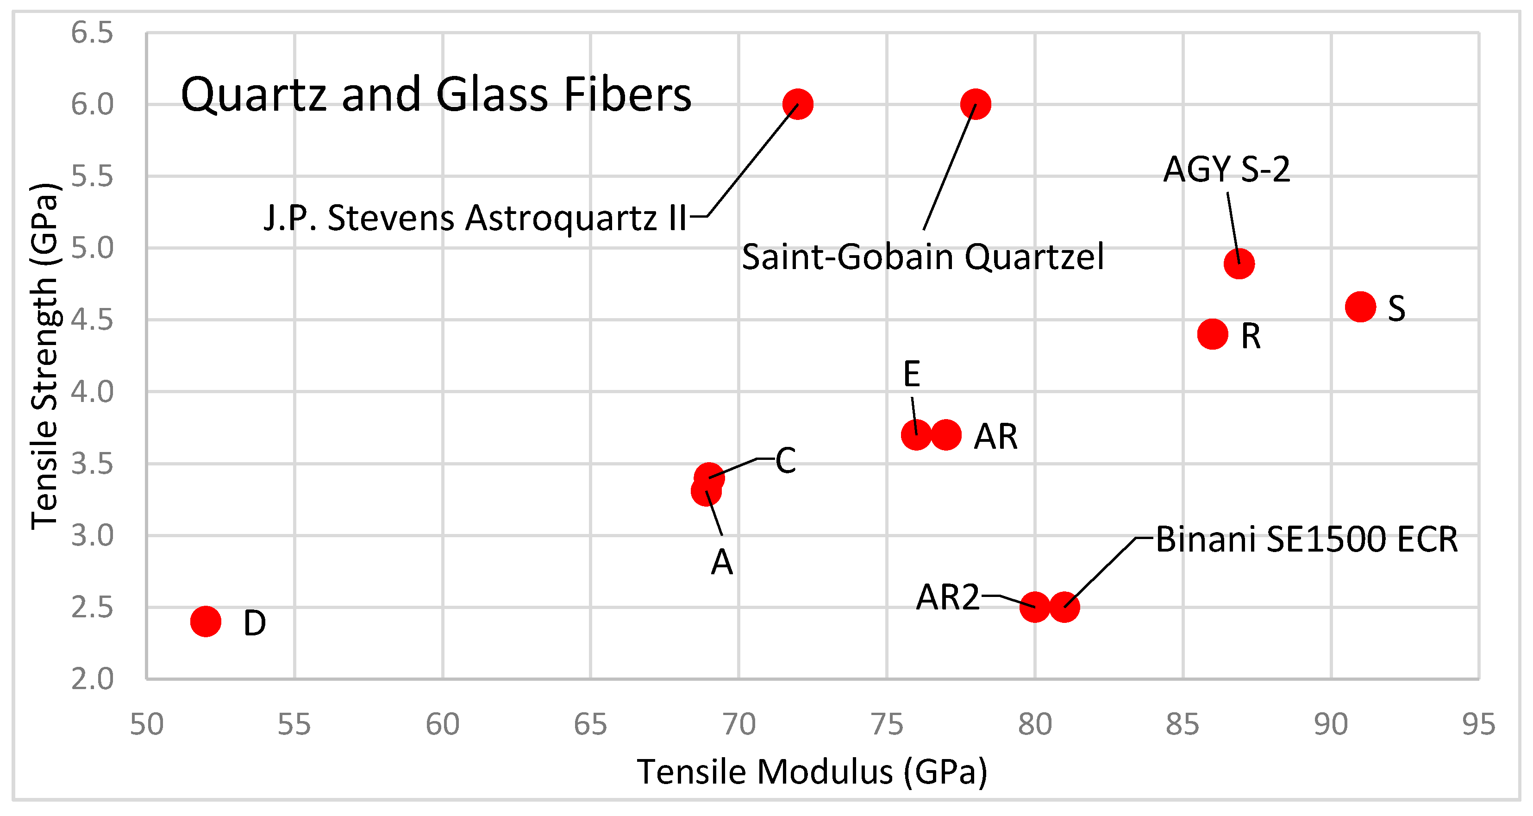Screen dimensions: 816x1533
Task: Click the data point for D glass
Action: click(205, 622)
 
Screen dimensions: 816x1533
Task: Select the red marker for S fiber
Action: click(1360, 307)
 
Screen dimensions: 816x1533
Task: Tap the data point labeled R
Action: click(1212, 334)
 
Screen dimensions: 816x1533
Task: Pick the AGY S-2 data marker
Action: click(1239, 264)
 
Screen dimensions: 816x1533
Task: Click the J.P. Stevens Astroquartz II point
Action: click(797, 104)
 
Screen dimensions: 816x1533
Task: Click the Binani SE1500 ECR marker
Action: click(1064, 607)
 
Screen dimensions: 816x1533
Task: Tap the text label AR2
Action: click(947, 597)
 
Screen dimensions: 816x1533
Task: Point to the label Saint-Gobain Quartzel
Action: click(922, 257)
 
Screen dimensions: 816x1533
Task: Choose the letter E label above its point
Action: click(911, 374)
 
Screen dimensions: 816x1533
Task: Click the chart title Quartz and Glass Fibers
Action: click(436, 95)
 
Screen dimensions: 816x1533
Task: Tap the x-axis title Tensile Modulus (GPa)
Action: click(812, 772)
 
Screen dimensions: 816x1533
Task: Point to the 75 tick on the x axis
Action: click(887, 725)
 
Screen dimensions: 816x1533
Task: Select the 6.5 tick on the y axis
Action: click(92, 33)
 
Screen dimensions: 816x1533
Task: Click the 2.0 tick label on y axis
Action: click(92, 679)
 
